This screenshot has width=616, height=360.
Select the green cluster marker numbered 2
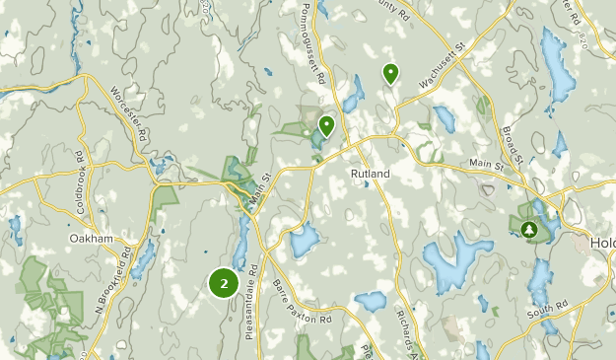tap(225, 283)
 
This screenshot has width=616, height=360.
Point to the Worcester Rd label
tap(129, 116)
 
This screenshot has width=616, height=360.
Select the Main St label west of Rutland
tap(260, 188)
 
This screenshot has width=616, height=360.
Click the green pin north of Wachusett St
tap(391, 72)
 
